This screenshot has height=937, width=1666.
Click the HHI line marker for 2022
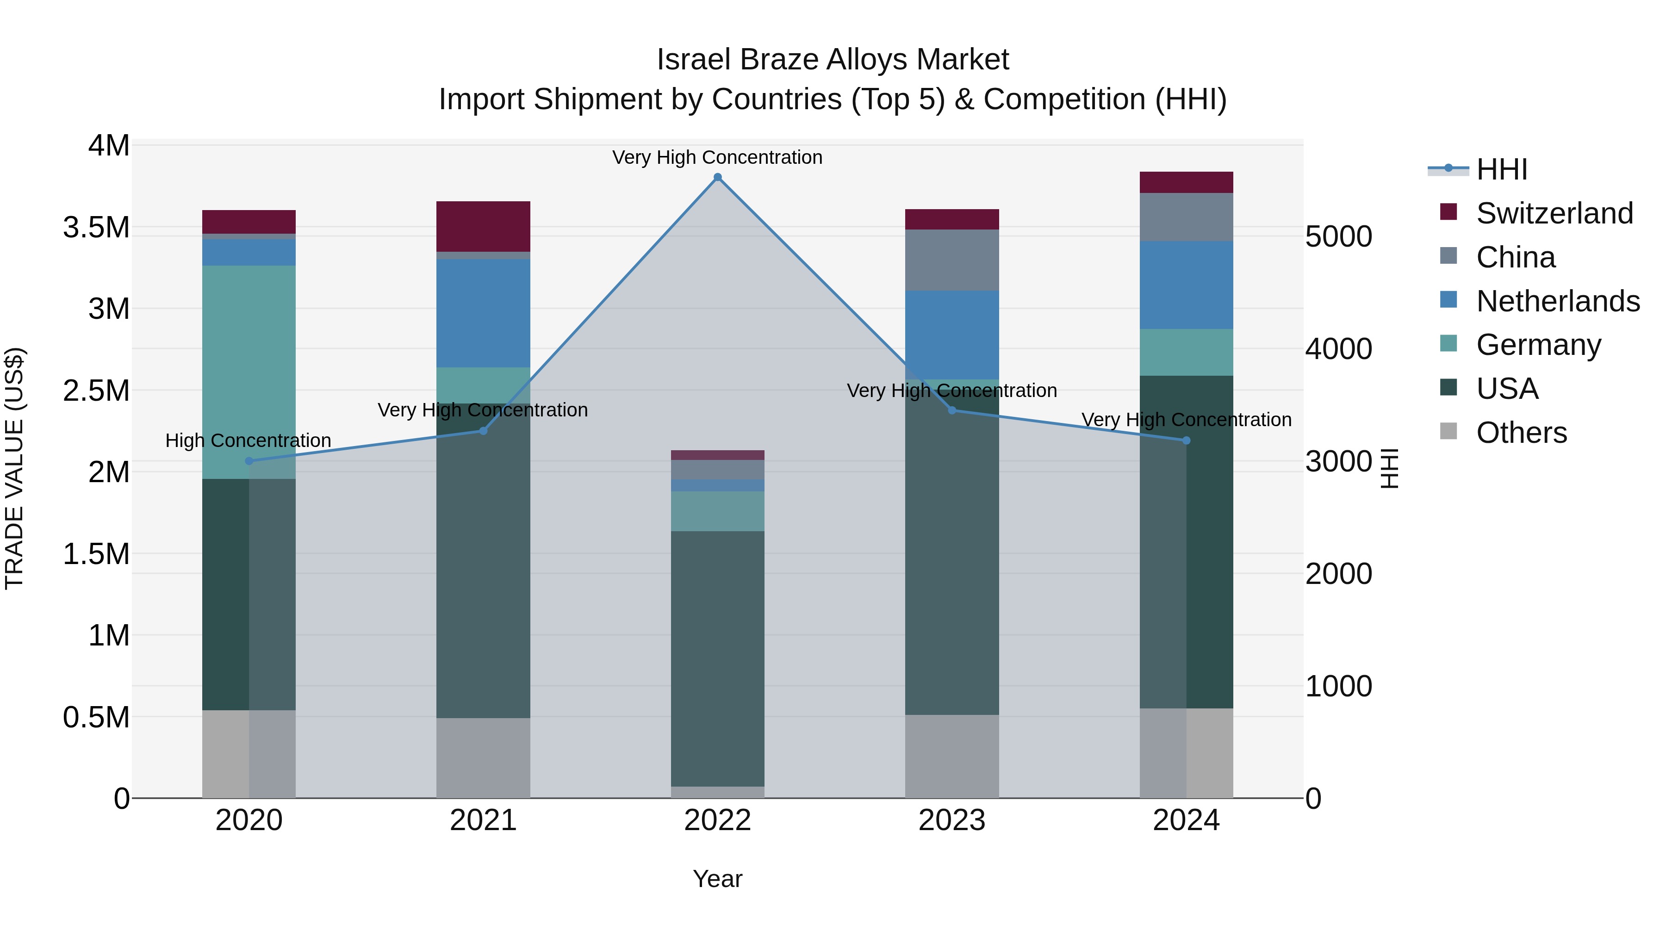click(717, 177)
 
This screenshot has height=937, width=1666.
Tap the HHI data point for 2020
click(249, 461)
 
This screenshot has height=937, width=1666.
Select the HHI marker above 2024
click(1186, 441)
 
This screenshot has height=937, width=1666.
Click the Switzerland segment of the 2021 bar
click(483, 226)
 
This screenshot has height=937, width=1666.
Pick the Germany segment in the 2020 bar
click(249, 372)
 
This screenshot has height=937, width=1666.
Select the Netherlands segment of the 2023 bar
click(952, 335)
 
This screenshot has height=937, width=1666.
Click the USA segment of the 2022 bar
click(717, 658)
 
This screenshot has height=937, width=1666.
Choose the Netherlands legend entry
click(1557, 301)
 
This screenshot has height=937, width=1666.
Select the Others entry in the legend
click(1521, 433)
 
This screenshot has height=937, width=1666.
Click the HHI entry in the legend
click(1502, 169)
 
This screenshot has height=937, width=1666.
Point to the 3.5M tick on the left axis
click(96, 228)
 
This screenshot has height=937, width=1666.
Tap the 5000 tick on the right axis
click(1338, 236)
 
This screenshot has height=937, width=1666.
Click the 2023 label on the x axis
click(952, 820)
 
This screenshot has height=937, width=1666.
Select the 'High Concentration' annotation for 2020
click(249, 441)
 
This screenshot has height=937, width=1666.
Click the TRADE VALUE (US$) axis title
click(15, 468)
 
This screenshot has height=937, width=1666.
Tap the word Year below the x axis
click(717, 879)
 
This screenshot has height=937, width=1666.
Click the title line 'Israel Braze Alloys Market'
click(833, 60)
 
